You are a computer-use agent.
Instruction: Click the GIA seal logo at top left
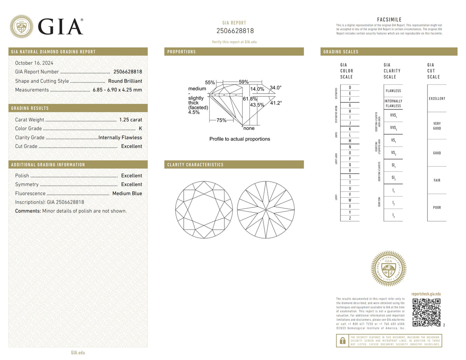coord(21,26)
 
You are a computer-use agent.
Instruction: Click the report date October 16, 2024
coord(34,63)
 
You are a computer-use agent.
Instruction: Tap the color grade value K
coord(140,129)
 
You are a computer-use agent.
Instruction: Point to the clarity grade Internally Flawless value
coord(120,137)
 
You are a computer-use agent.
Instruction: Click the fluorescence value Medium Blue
coord(127,193)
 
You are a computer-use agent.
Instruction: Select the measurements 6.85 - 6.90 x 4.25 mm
coord(117,90)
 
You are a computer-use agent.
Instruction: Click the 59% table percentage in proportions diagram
coord(243,82)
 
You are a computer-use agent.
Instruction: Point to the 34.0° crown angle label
coord(275,88)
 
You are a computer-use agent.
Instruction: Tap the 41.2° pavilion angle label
coord(276,103)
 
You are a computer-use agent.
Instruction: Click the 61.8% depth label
coord(250,99)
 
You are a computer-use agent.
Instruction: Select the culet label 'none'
coord(249,128)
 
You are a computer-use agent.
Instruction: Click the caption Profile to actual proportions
coord(240,139)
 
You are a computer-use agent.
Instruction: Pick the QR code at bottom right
coord(426,312)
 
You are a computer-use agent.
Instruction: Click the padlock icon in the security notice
coord(343,341)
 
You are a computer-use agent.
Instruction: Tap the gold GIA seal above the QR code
coord(389,268)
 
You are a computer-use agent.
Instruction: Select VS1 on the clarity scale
coord(393,141)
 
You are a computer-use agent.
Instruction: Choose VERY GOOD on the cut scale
coord(437,126)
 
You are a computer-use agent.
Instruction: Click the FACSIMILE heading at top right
coord(389,20)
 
